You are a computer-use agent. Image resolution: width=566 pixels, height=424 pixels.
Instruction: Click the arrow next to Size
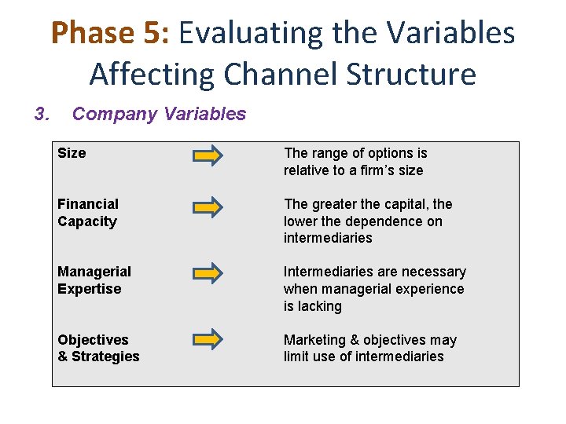(208, 156)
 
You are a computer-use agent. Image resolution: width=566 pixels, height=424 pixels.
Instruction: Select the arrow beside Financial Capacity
(208, 207)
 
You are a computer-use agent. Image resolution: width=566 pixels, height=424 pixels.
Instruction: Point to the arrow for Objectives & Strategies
(208, 339)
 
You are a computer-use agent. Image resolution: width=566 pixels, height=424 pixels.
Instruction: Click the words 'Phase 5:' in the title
(109, 33)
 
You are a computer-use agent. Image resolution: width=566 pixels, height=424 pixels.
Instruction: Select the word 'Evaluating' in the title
(240, 33)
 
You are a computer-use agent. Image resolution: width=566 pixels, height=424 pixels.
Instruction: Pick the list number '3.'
(42, 115)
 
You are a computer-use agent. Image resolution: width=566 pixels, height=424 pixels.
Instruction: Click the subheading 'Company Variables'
(159, 115)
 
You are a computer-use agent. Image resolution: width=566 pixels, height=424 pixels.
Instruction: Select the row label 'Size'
(72, 153)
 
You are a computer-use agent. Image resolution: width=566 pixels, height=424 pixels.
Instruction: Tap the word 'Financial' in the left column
(87, 204)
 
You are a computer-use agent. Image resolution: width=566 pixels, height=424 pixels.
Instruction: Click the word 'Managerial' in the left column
(94, 272)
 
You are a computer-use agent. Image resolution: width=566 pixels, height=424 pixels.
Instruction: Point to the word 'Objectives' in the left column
(93, 340)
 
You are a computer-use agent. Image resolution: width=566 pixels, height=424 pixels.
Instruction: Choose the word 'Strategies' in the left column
(106, 356)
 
